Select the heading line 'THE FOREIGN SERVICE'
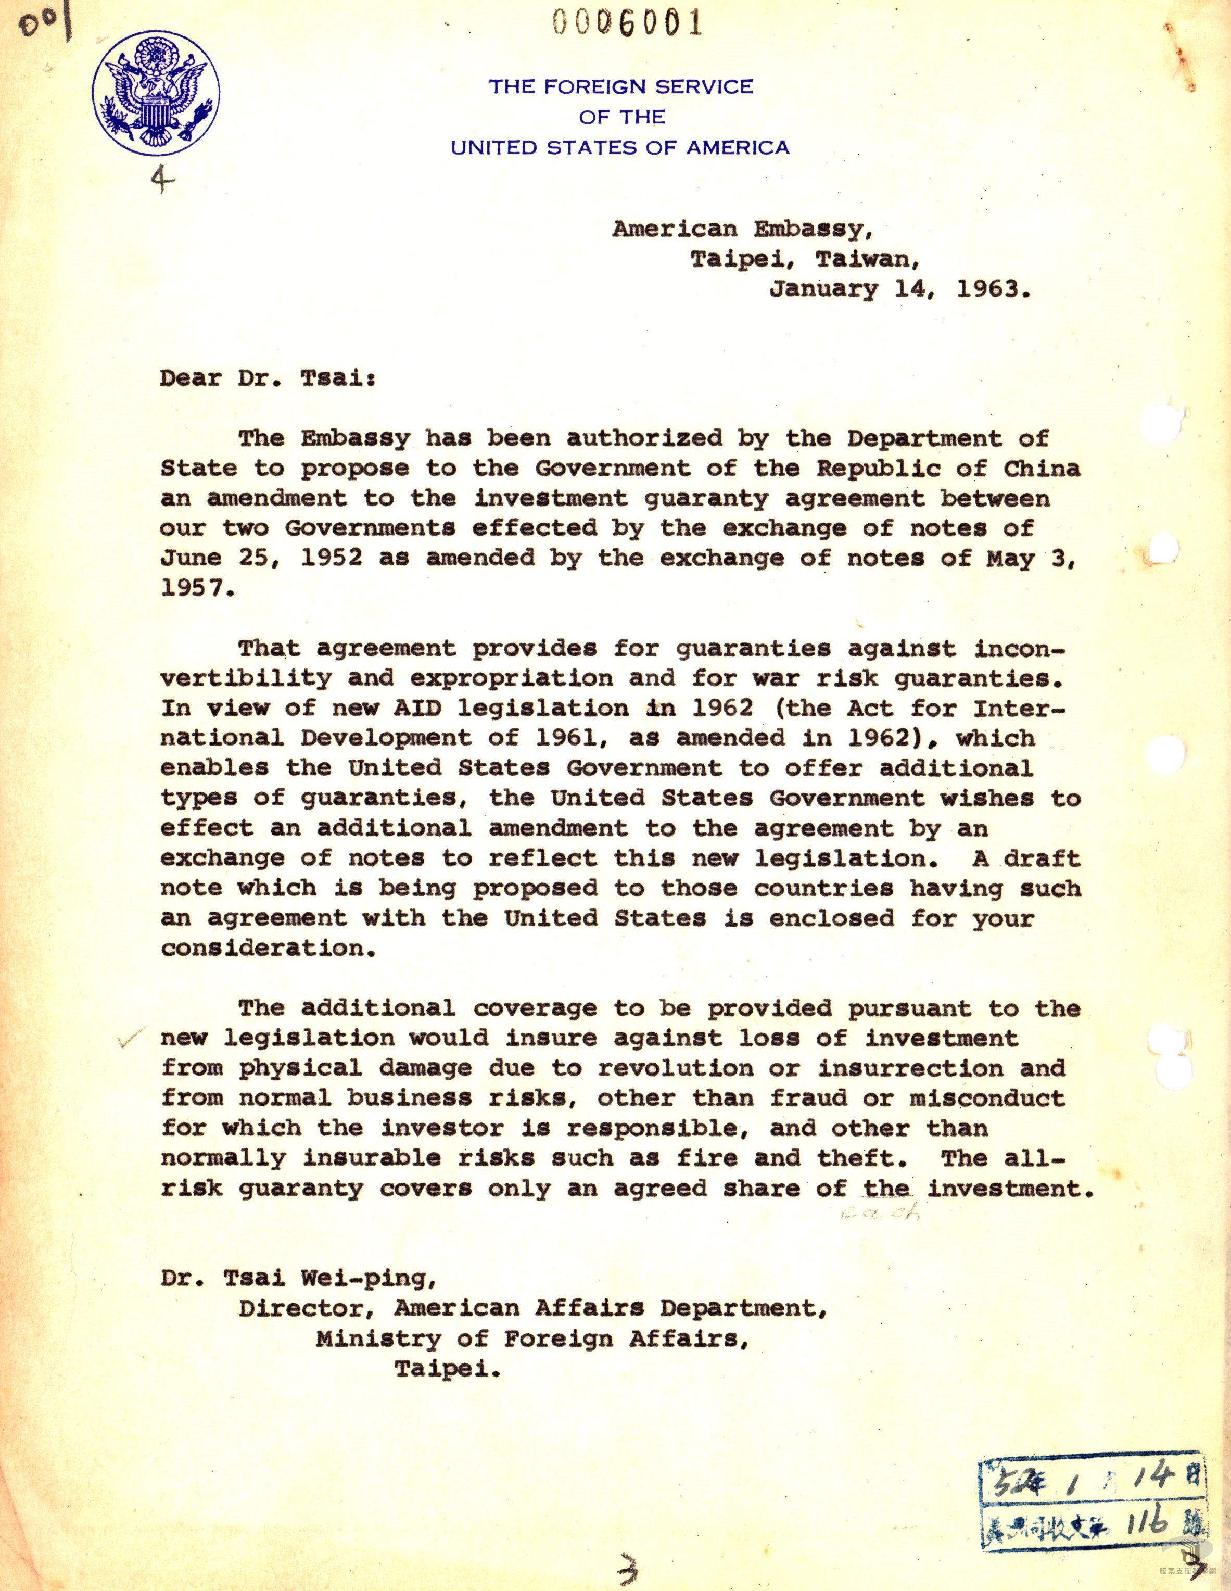[x=620, y=87]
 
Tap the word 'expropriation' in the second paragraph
[x=511, y=677]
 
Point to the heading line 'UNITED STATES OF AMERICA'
[x=620, y=148]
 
